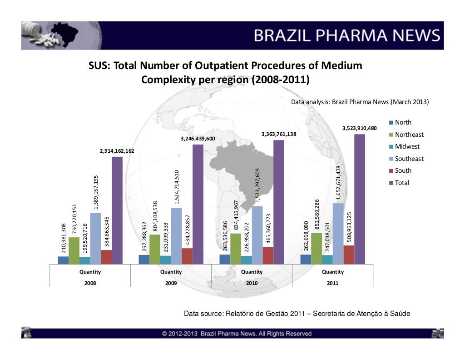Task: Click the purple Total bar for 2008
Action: pos(117,210)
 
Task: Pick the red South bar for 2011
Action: pos(349,255)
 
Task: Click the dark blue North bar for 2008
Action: pos(63,260)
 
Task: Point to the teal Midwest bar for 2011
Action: pos(327,259)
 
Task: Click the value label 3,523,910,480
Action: pos(359,128)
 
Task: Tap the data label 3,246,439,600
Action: pos(198,138)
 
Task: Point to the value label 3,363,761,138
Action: pos(279,134)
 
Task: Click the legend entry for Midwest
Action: pos(407,146)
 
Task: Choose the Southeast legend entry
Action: pos(409,159)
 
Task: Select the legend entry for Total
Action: pos(402,183)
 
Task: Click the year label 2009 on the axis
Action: pos(171,282)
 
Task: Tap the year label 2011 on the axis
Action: pos(332,282)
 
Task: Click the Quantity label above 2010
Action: pos(252,272)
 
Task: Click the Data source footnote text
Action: pos(297,314)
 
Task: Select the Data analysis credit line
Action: pos(360,102)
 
